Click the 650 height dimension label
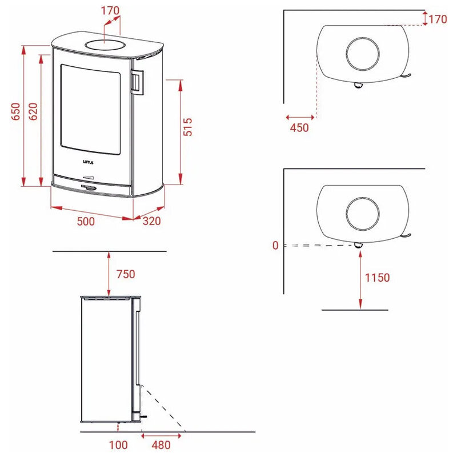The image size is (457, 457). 15,111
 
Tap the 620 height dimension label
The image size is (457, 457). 33,111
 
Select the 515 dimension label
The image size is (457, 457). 187,127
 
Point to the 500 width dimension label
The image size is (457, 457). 86,221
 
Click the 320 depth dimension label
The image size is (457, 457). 151,221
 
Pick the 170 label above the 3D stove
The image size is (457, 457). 110,11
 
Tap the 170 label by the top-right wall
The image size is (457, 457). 438,19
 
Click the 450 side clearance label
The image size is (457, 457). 299,127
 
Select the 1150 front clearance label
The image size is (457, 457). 377,278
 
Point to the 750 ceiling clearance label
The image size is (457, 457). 126,274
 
